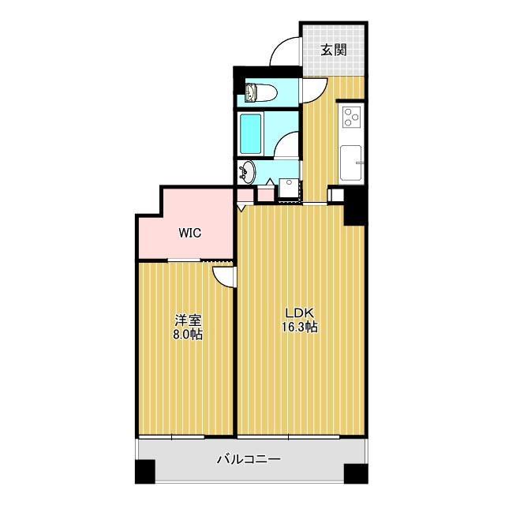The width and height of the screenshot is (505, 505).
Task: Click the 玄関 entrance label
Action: coord(334,50)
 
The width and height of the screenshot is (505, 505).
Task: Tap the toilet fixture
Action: coord(258,94)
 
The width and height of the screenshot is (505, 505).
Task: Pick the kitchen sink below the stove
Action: coord(350,163)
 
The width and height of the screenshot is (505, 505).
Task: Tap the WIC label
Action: coord(189,233)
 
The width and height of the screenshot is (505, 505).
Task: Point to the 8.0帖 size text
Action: coord(188,335)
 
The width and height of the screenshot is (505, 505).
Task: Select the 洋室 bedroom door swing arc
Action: coord(223,275)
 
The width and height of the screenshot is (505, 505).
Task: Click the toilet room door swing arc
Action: coord(309,88)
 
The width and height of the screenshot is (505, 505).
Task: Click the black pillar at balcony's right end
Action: coord(355,471)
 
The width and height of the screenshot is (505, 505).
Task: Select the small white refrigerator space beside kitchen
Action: coord(335,194)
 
